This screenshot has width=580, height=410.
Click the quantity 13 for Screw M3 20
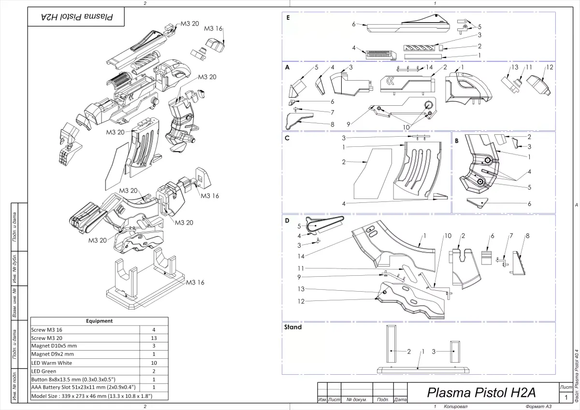pyautogui.click(x=153, y=338)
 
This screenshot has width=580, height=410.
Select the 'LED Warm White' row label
pyautogui.click(x=51, y=362)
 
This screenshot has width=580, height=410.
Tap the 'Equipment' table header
pyautogui.click(x=99, y=321)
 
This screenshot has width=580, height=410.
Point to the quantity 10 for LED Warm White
pyautogui.click(x=153, y=362)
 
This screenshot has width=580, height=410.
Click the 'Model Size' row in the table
pyautogui.click(x=91, y=396)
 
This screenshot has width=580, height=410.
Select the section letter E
pyautogui.click(x=288, y=17)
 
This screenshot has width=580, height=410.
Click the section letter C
pyautogui.click(x=288, y=138)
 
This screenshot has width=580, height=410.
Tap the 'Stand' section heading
pyautogui.click(x=293, y=327)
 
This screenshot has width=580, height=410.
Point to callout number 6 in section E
pyautogui.click(x=354, y=23)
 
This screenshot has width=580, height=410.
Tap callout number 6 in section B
pyautogui.click(x=529, y=204)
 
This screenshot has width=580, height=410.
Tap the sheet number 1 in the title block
pyautogui.click(x=566, y=397)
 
